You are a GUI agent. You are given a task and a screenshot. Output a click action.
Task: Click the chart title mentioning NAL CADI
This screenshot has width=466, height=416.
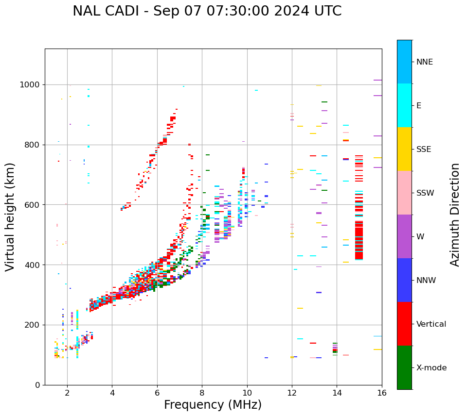pyautogui.click(x=207, y=11)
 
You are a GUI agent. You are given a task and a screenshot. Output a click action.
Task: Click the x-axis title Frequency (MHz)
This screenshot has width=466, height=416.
pyautogui.click(x=213, y=405)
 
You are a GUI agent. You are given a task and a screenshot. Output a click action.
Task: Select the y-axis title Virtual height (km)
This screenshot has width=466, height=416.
pyautogui.click(x=10, y=216)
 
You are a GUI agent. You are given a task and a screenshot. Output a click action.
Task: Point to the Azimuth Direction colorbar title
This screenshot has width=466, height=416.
pyautogui.click(x=455, y=214)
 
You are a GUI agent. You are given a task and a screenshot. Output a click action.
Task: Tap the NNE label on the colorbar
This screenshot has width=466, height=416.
pyautogui.click(x=424, y=62)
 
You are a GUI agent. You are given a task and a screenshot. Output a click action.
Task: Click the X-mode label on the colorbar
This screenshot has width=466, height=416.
pyautogui.click(x=431, y=368)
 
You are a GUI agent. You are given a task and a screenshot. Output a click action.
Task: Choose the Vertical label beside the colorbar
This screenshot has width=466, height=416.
pyautogui.click(x=431, y=324)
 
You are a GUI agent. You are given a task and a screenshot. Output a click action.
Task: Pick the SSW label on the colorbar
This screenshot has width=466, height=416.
pyautogui.click(x=425, y=193)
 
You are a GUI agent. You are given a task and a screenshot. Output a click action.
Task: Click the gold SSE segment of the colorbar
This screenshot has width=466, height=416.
pyautogui.click(x=404, y=149)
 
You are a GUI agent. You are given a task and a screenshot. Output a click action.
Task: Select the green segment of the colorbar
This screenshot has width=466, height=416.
pyautogui.click(x=404, y=367)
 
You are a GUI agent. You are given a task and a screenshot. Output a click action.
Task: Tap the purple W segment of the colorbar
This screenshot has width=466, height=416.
pyautogui.click(x=404, y=236)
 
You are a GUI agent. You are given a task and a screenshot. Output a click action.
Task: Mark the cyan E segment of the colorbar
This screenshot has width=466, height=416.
pyautogui.click(x=404, y=105)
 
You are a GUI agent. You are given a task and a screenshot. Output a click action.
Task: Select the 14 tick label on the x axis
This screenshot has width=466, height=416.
pyautogui.click(x=337, y=393)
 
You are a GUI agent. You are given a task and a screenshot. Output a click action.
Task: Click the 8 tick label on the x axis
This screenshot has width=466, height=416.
pyautogui.click(x=202, y=393)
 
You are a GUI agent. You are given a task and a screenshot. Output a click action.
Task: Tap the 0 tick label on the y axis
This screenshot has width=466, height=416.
pyautogui.click(x=38, y=385)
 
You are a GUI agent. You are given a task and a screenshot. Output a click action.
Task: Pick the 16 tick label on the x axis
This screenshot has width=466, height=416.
pyautogui.click(x=381, y=393)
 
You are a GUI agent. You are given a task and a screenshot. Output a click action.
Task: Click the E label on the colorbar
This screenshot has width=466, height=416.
pyautogui.click(x=419, y=106)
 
